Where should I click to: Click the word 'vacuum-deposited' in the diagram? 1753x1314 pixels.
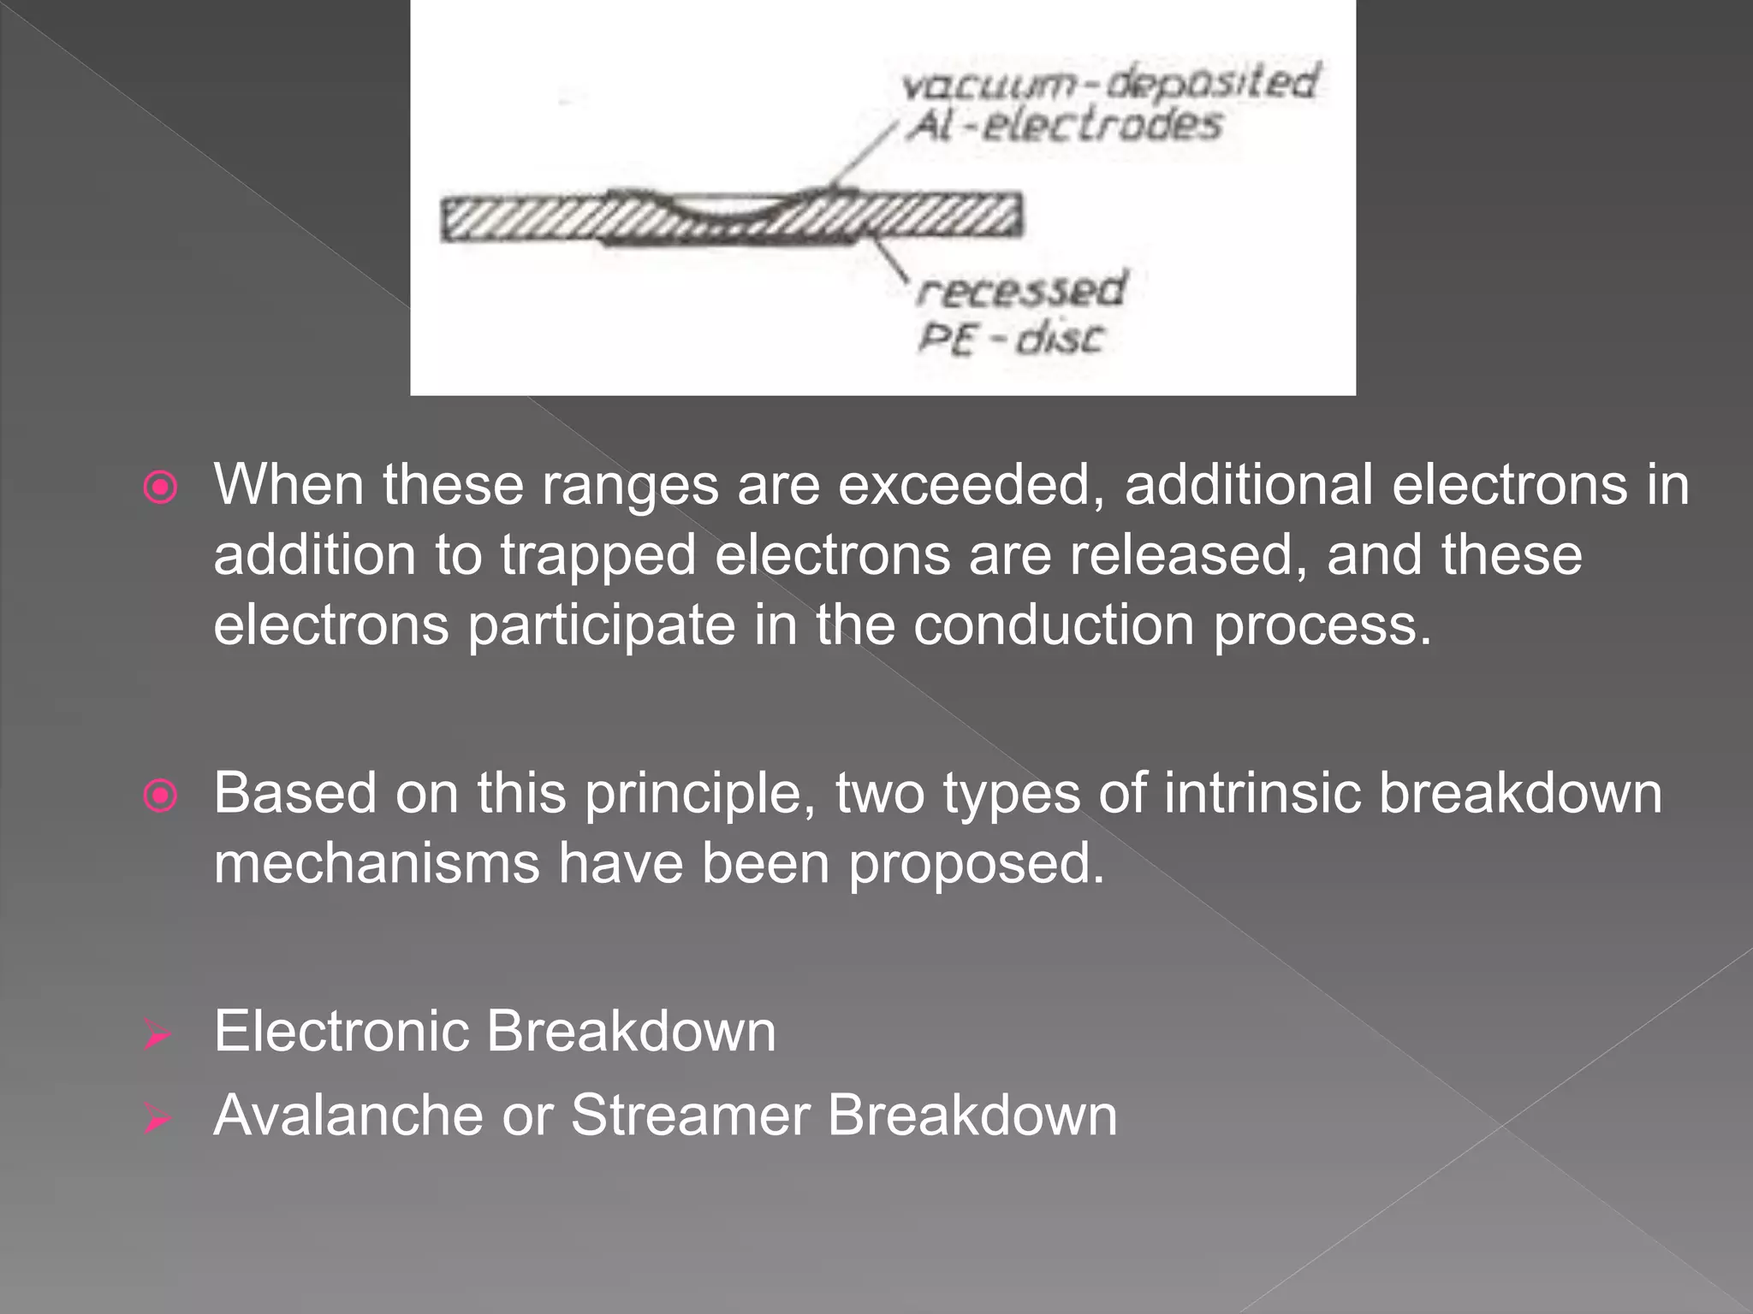(1108, 84)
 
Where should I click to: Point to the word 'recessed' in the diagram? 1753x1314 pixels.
(1021, 289)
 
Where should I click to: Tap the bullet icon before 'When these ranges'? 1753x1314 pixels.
(160, 488)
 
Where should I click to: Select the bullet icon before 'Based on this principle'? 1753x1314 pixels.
(160, 796)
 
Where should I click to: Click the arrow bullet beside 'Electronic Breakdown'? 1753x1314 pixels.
(157, 1036)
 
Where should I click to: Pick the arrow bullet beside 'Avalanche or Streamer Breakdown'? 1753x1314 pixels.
(157, 1118)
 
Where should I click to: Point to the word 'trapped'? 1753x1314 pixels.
(598, 555)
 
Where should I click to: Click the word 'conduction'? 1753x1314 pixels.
(1053, 625)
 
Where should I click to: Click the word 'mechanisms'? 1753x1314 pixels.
(377, 863)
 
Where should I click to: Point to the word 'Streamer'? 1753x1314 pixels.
(690, 1116)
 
